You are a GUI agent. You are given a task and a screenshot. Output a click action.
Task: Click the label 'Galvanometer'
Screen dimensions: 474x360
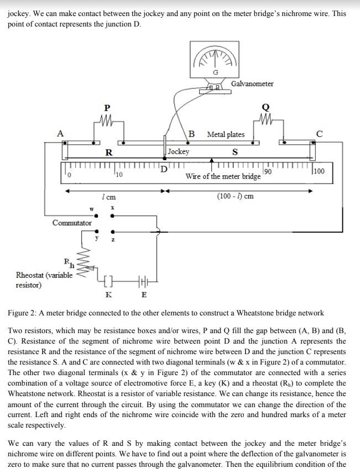(252, 83)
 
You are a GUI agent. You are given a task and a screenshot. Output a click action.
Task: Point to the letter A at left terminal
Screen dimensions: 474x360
(60, 133)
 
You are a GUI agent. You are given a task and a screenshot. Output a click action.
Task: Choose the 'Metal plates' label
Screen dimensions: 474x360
(226, 134)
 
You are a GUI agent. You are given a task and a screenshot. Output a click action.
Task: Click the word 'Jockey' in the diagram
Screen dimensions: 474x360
(179, 151)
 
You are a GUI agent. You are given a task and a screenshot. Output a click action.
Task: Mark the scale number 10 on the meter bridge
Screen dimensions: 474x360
(119, 175)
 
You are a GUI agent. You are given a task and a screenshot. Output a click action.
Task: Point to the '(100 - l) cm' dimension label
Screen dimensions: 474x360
(236, 197)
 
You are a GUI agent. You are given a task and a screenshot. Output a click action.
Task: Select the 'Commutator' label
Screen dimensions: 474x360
(72, 223)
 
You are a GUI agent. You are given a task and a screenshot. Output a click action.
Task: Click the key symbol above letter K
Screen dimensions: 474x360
(108, 282)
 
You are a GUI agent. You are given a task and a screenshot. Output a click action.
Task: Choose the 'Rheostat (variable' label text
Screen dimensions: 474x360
(44, 275)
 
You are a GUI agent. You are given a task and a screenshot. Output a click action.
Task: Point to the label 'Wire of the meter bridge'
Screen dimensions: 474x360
(223, 177)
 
